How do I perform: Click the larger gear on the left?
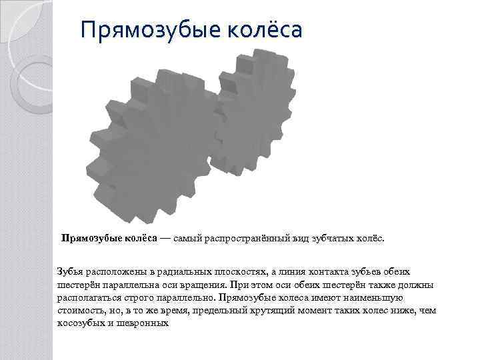coord(153,147)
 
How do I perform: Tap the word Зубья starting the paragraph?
coord(71,272)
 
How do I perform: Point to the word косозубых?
coord(83,323)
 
